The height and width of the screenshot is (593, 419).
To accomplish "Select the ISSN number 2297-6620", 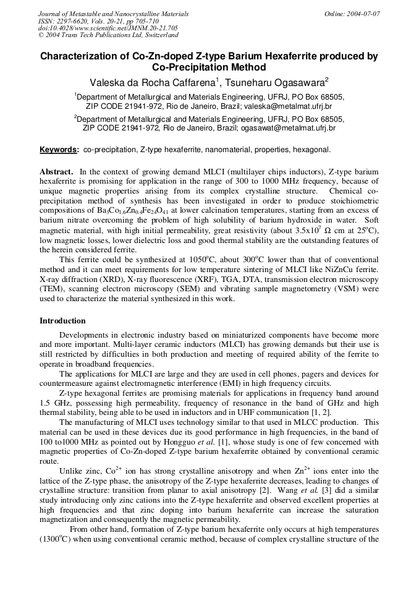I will click(x=69, y=21).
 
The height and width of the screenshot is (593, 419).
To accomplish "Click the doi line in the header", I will click(x=108, y=28).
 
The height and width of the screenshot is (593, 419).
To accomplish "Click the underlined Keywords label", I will click(x=59, y=150).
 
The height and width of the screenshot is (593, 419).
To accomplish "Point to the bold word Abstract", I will click(x=56, y=171).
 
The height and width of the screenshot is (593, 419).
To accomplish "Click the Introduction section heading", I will click(x=62, y=321).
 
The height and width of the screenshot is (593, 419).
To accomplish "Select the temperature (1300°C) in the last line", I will click(x=57, y=539).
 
